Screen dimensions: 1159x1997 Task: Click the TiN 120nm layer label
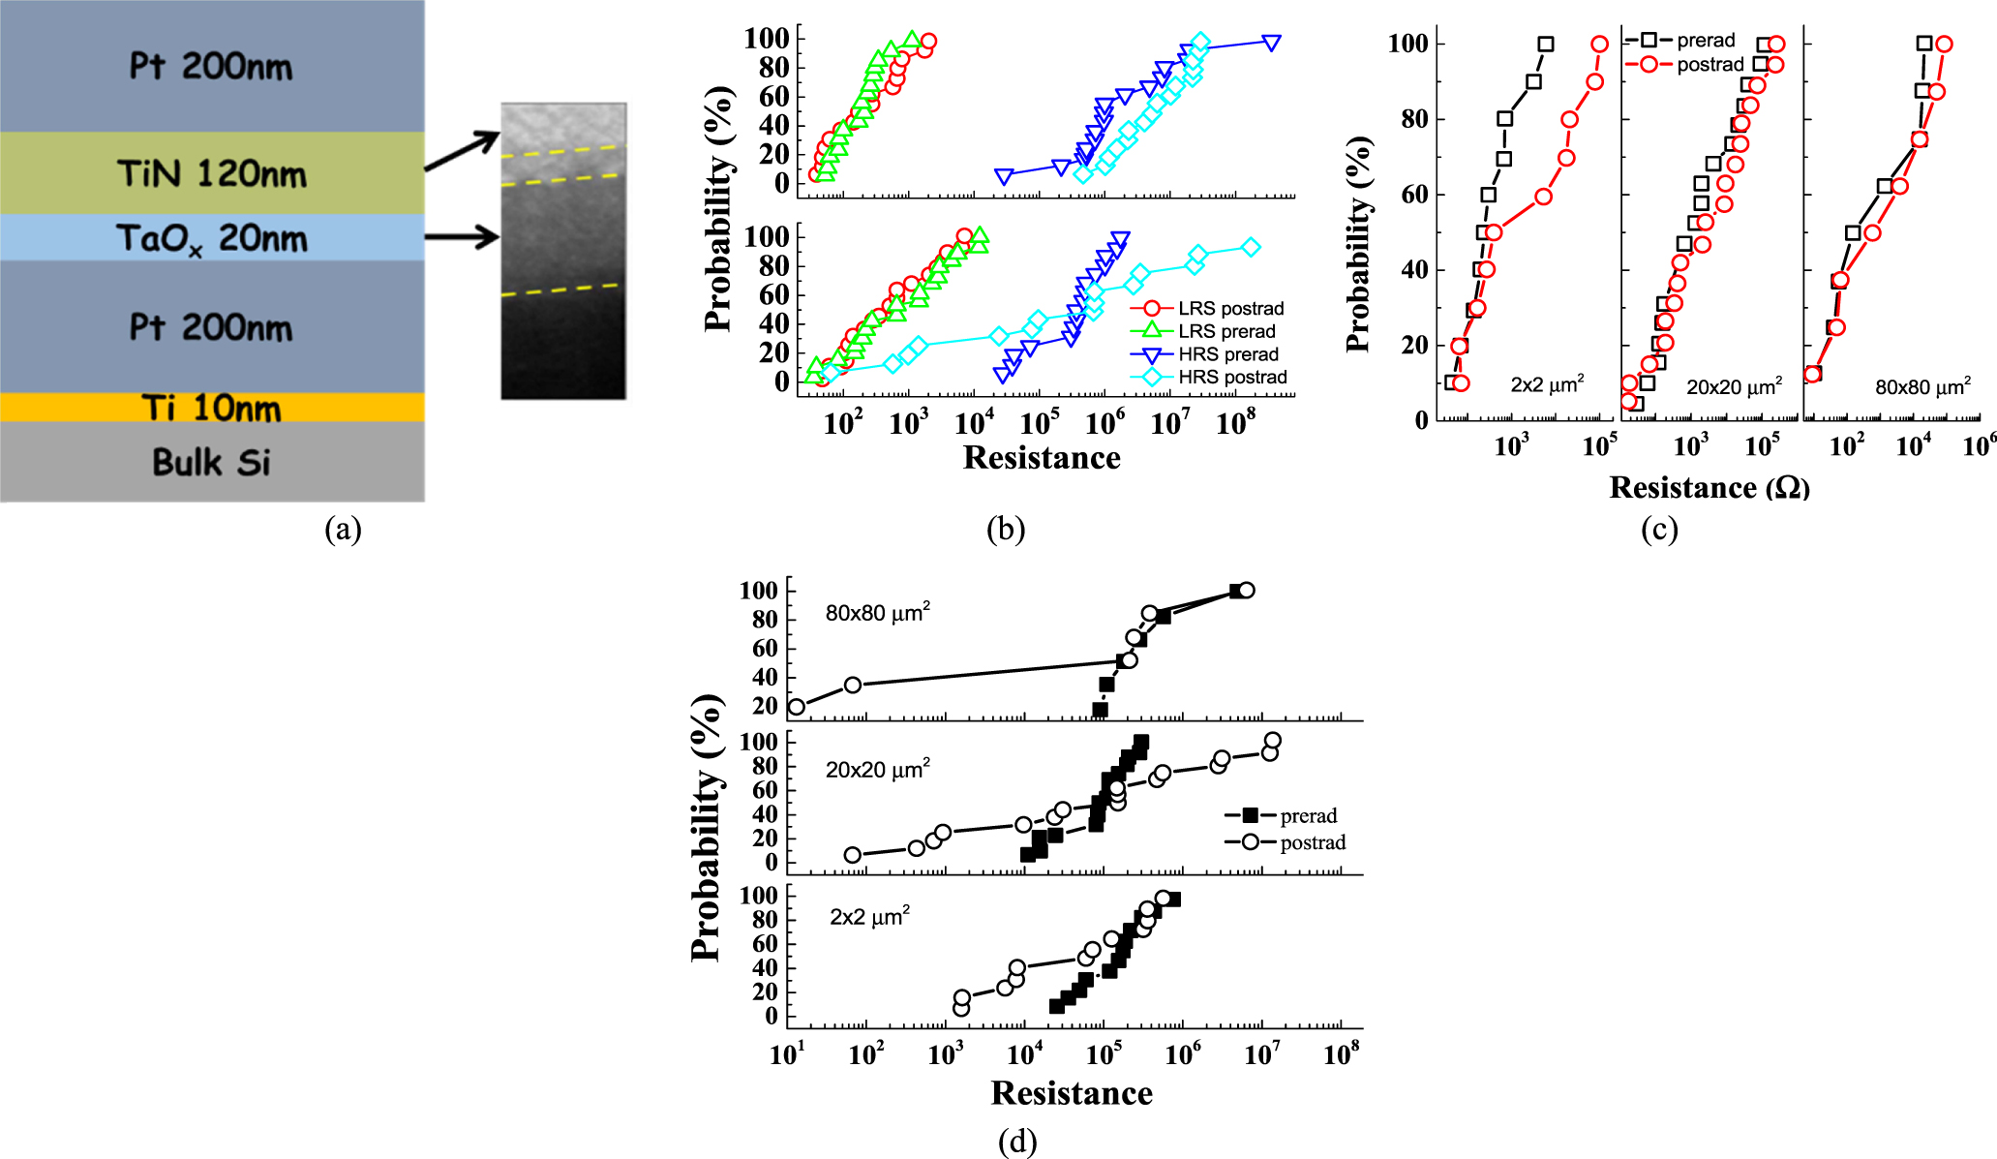point(212,174)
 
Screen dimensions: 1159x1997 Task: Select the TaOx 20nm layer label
point(212,238)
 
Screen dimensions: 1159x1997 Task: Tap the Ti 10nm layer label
point(212,408)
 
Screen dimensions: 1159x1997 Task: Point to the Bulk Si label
point(212,462)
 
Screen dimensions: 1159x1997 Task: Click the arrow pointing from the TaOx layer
point(462,236)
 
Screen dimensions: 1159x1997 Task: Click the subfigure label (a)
point(344,530)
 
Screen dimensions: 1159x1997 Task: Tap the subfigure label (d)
point(1017,1143)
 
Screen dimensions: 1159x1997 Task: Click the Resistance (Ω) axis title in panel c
point(1710,488)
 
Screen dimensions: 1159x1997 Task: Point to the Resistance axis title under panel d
point(1072,1093)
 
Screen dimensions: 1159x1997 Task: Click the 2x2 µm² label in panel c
point(1547,384)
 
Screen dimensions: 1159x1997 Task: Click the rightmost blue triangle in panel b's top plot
point(1272,43)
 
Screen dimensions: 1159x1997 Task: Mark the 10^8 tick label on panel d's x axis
point(1341,1053)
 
